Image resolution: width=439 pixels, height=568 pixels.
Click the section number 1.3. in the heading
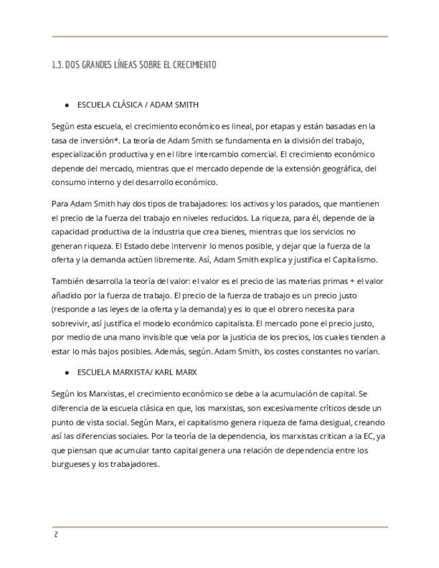coord(57,65)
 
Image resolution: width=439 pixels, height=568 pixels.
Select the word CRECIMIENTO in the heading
coord(195,65)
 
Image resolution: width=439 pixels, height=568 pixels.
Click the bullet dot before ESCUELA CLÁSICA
coord(67,106)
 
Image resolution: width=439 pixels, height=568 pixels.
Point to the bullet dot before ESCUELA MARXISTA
coord(67,371)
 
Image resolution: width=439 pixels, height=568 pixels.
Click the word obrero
coord(295,309)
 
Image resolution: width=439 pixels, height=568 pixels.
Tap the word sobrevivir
coord(72,324)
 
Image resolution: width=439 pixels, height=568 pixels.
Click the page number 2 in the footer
coord(56,535)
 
